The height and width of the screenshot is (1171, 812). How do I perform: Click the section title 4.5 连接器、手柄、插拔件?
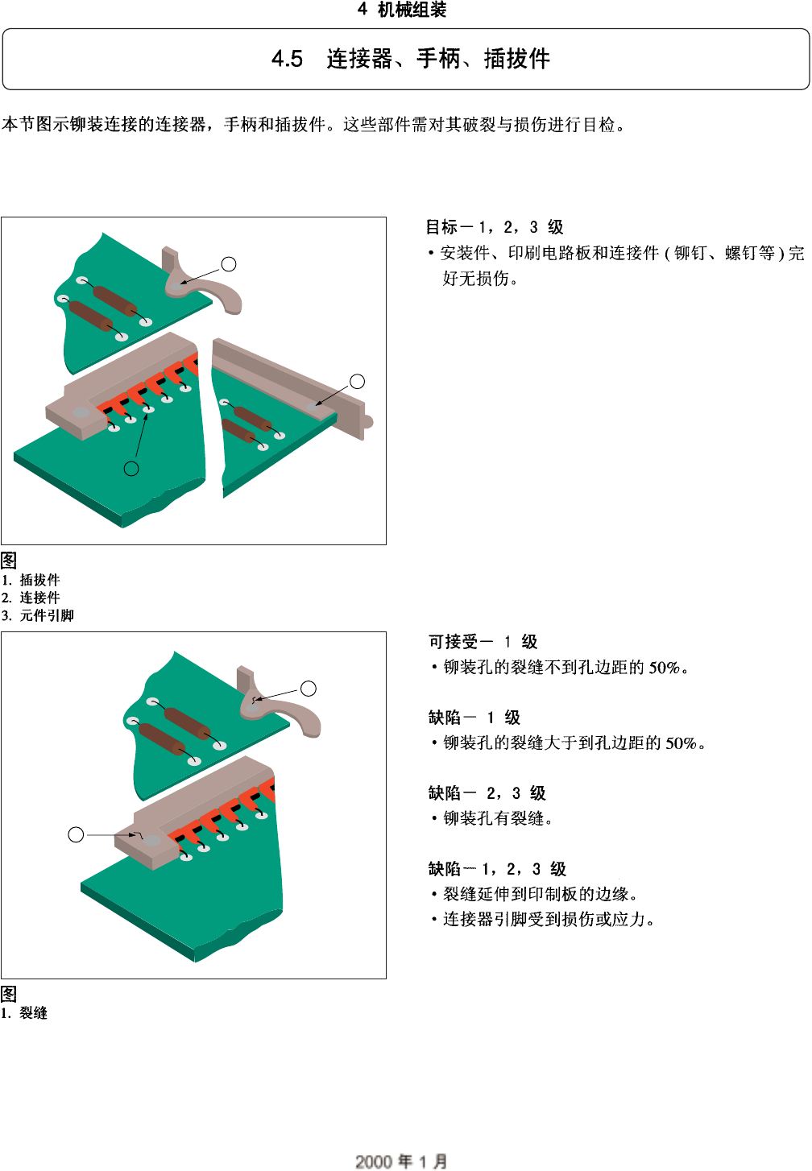pyautogui.click(x=410, y=59)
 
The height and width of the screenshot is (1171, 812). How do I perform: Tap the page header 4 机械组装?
pyautogui.click(x=402, y=10)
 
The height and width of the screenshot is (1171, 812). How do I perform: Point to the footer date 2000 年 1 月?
pyautogui.click(x=401, y=1161)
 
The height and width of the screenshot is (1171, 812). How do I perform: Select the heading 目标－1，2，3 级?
pyautogui.click(x=495, y=227)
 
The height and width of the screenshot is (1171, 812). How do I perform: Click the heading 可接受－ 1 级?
pyautogui.click(x=483, y=642)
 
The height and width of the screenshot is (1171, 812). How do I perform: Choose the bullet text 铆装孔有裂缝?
pyautogui.click(x=498, y=818)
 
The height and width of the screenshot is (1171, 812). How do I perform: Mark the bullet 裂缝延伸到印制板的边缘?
pyautogui.click(x=541, y=894)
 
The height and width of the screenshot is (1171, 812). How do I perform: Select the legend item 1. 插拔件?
pyautogui.click(x=31, y=580)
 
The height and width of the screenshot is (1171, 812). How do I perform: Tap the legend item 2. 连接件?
pyautogui.click(x=31, y=598)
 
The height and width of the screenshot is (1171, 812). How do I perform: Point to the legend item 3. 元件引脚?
pyautogui.click(x=38, y=615)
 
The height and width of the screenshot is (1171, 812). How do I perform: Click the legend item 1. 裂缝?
pyautogui.click(x=24, y=1013)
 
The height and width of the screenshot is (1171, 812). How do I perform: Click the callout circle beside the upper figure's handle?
pyautogui.click(x=229, y=264)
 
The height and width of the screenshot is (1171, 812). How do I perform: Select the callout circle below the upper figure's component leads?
pyautogui.click(x=131, y=469)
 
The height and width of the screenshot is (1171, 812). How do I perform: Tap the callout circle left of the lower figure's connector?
pyautogui.click(x=76, y=835)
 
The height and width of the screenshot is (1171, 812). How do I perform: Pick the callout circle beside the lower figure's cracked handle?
pyautogui.click(x=308, y=689)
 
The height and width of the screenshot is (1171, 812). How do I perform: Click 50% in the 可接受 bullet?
pyautogui.click(x=665, y=668)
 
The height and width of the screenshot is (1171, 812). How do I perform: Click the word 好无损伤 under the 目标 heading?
pyautogui.click(x=480, y=279)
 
